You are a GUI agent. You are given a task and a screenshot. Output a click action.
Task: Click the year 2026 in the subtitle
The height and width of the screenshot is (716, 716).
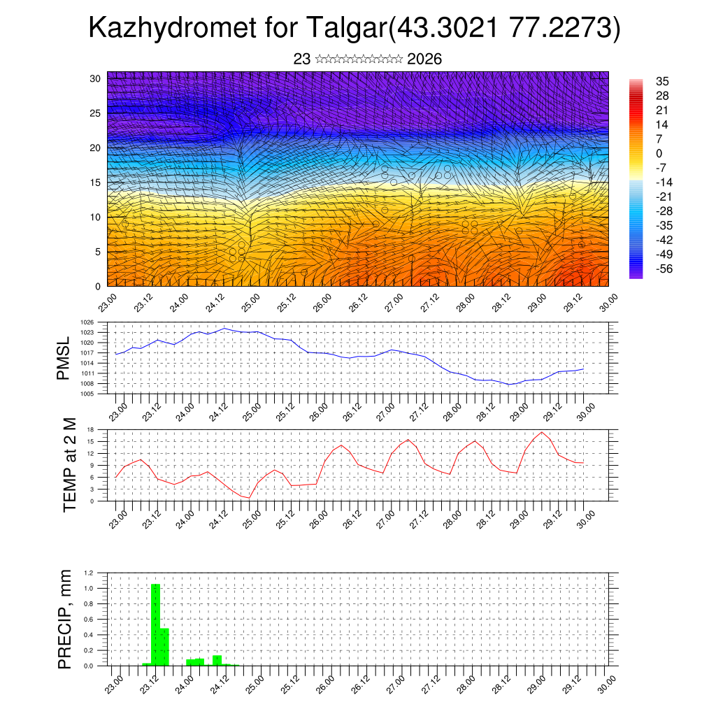point(424,59)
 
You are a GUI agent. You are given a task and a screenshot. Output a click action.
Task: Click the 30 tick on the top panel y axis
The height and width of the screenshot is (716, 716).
point(95,78)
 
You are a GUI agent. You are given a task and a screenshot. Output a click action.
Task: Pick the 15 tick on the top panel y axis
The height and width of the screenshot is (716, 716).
point(95,182)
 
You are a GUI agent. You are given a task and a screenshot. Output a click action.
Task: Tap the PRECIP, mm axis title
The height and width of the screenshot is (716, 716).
point(64,618)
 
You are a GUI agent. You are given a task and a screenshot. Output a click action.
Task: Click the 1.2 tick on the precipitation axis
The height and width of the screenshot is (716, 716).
point(89,573)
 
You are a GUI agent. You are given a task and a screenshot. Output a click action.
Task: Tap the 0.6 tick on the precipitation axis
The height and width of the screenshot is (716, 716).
point(89,620)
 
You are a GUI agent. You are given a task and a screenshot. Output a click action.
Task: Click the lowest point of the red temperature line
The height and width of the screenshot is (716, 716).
point(249,498)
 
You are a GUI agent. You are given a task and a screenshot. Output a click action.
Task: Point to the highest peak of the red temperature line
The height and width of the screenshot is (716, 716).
point(542,432)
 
